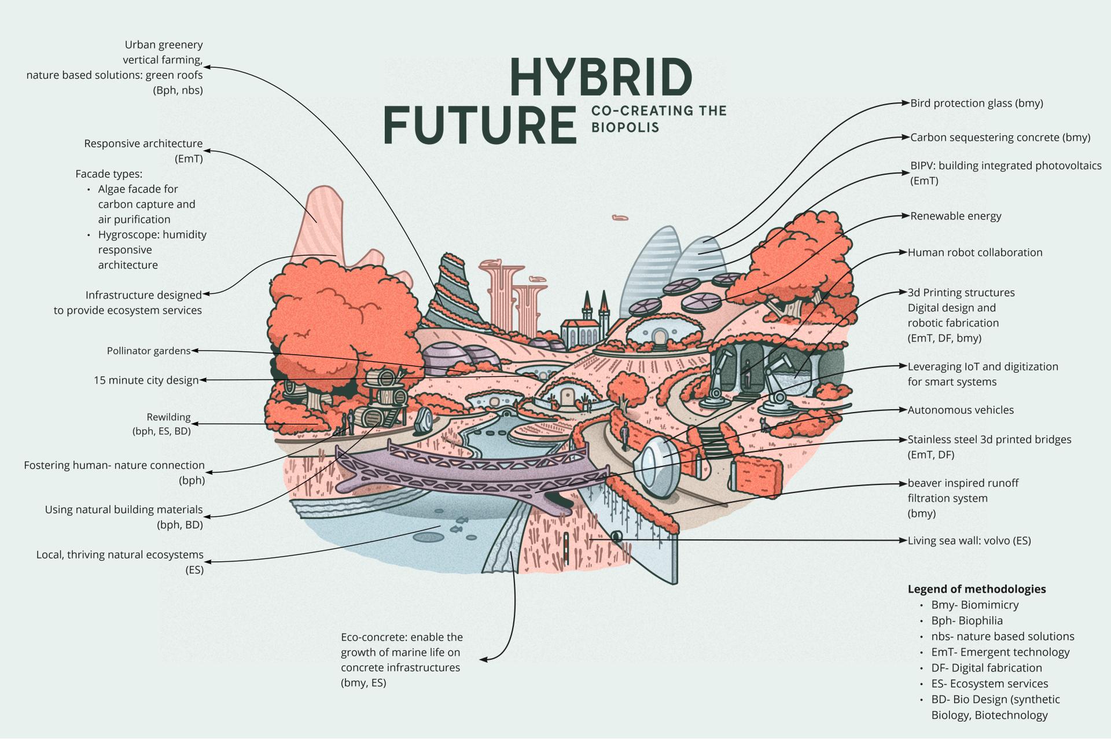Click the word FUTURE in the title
tap(480, 124)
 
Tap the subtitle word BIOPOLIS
tap(625, 127)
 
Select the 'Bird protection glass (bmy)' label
tap(977, 104)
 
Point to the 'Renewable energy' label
tap(955, 216)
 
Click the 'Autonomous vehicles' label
tap(961, 410)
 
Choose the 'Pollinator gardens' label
tap(149, 351)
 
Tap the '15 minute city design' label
tap(146, 381)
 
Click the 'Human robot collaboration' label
tap(975, 253)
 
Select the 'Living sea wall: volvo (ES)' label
tap(969, 541)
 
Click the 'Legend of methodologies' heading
tap(977, 589)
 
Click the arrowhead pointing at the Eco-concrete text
tap(483, 659)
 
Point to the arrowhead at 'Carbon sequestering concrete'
tap(906, 138)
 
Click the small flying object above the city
tap(620, 218)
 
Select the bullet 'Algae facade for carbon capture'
tap(138, 189)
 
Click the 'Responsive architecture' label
tap(144, 144)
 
